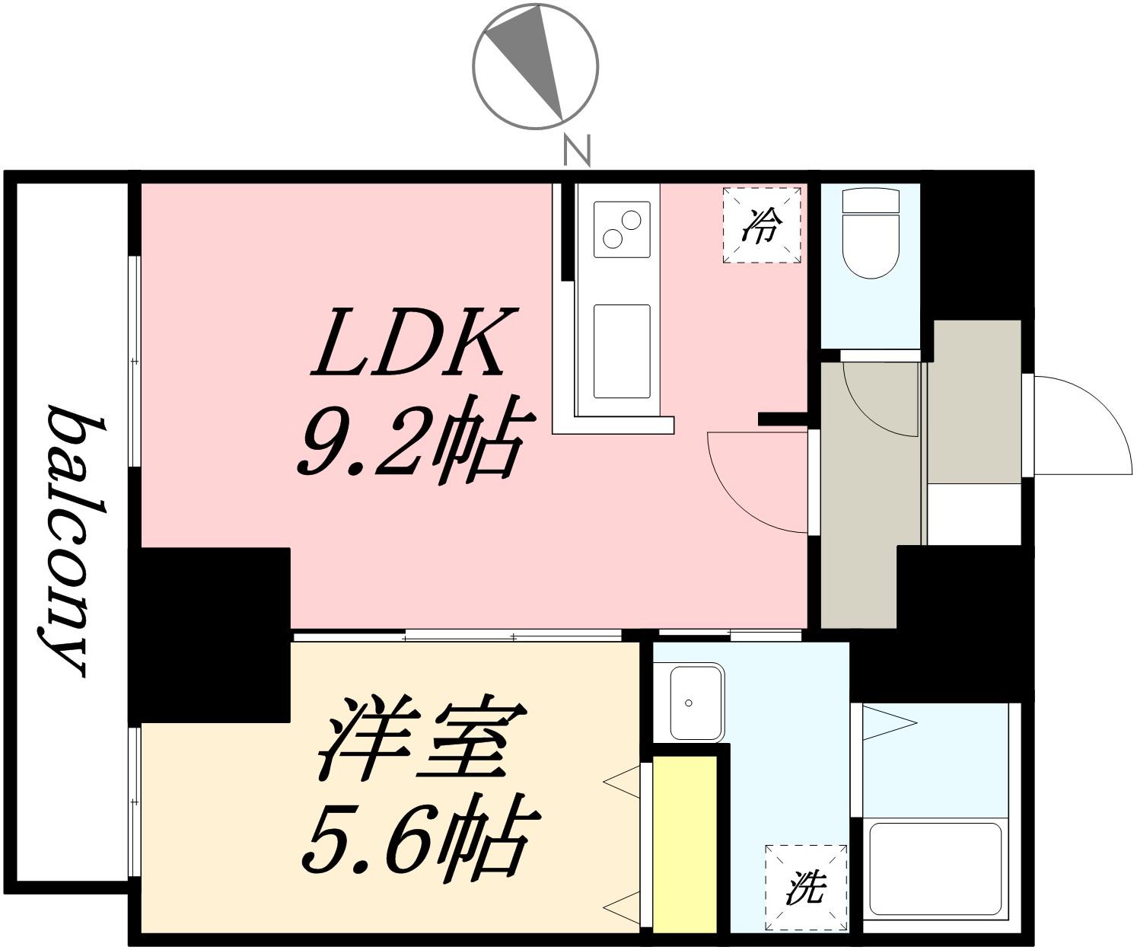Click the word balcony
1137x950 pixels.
[x=70, y=540]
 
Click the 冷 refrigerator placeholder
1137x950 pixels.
[x=761, y=225]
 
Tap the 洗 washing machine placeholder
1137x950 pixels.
[x=806, y=888]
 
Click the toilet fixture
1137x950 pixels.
[x=871, y=234]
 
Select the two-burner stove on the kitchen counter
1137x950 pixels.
[x=622, y=229]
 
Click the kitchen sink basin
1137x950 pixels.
[x=622, y=352]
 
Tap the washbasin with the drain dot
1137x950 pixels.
[x=696, y=703]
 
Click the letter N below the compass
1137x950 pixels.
[x=577, y=151]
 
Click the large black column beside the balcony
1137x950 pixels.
[x=209, y=635]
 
